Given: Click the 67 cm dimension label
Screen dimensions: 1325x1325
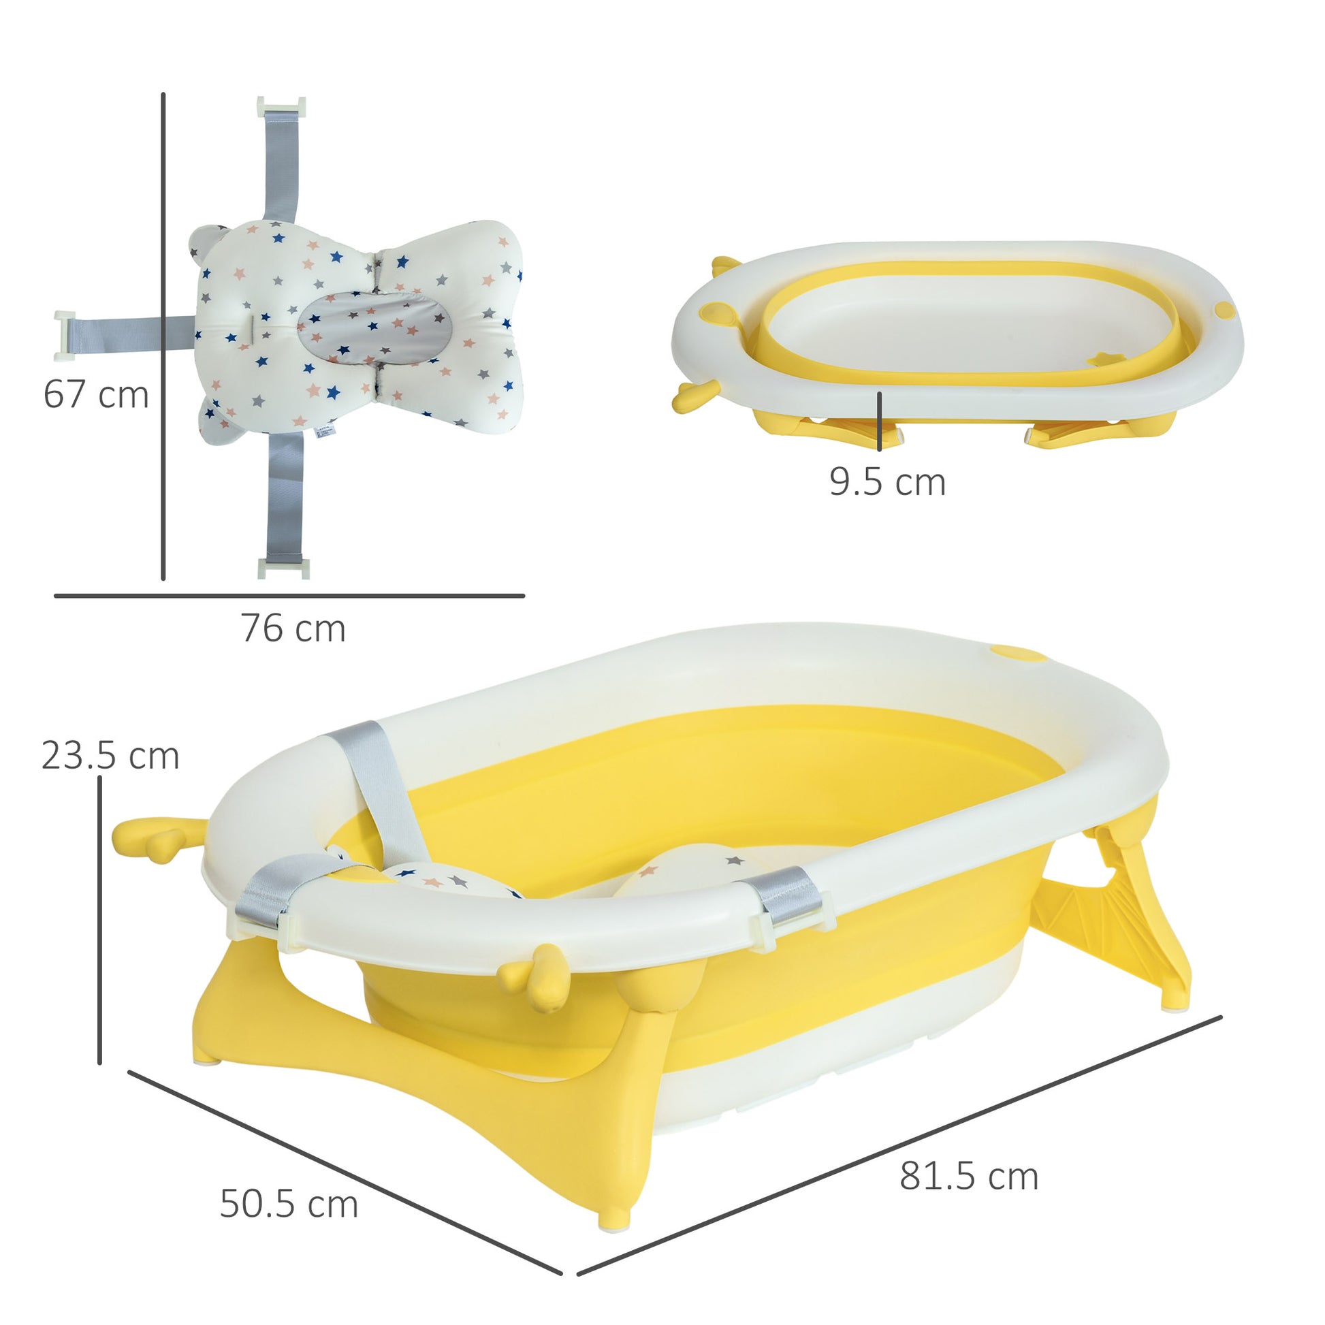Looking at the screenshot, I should [96, 395].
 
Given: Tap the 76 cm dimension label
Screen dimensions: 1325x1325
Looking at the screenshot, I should [293, 628].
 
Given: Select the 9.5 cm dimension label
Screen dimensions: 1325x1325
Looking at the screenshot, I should [887, 481].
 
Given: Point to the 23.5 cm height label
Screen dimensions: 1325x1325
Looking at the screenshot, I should [110, 756].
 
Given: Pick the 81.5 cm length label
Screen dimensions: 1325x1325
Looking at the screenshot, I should [968, 1177].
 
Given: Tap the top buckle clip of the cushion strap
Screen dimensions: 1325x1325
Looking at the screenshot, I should [281, 107].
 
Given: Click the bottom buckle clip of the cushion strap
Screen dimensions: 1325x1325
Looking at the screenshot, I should [283, 568].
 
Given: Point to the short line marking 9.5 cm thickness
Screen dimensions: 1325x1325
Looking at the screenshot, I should [879, 421].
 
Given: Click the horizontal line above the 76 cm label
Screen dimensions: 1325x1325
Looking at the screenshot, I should [289, 596].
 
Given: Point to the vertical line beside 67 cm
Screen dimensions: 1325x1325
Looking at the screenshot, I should [163, 336].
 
